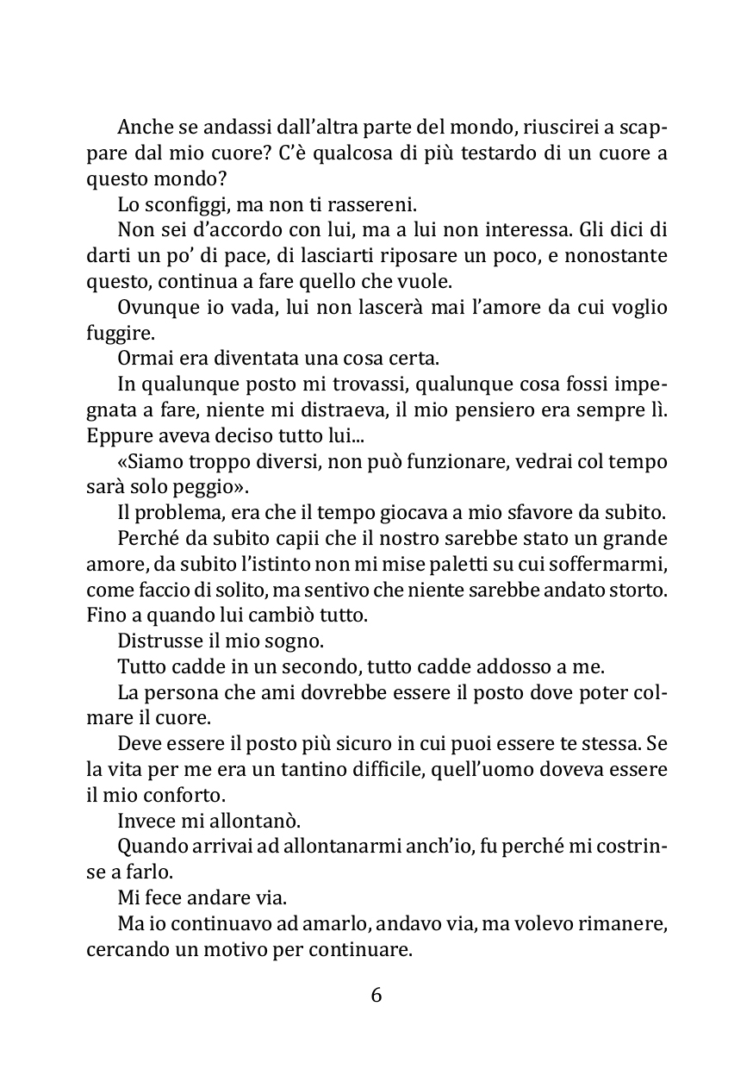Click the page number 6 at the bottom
pos(376,995)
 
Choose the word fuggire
pos(114,332)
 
